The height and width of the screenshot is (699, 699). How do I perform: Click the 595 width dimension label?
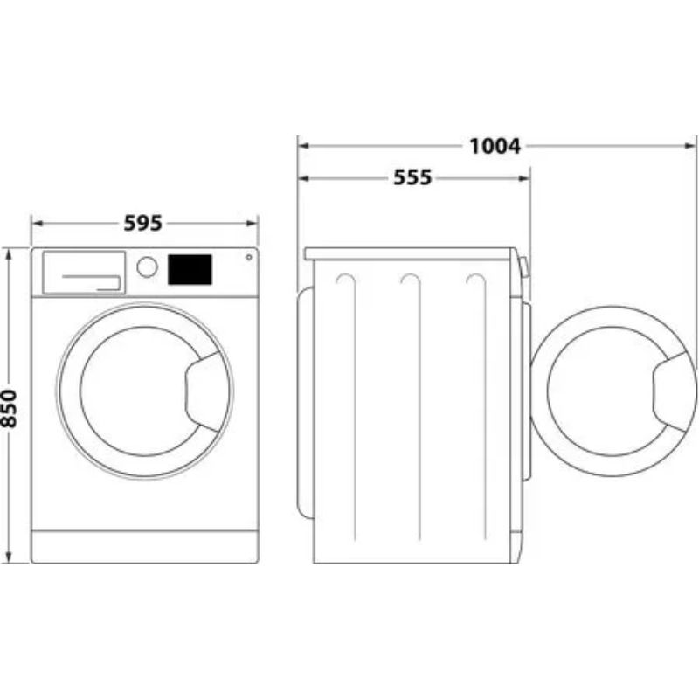(142, 223)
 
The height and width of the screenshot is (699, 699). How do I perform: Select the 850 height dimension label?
(9, 408)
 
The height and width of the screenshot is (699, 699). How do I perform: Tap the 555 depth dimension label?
(412, 177)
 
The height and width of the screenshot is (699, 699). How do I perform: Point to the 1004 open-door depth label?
(495, 146)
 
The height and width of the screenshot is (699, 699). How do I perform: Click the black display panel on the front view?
(190, 270)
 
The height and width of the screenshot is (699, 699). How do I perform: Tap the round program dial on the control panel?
(147, 267)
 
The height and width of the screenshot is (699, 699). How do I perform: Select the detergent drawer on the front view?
(84, 273)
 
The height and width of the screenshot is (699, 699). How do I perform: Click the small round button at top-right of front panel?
(249, 257)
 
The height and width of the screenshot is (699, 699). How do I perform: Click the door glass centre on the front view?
(138, 391)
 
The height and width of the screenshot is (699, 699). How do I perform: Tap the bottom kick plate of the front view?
(145, 547)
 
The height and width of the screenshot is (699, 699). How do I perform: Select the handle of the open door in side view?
(674, 391)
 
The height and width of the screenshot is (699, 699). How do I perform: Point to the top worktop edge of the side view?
(410, 253)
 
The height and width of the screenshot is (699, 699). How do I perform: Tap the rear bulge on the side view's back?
(305, 403)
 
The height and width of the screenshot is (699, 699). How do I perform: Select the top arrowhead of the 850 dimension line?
(9, 254)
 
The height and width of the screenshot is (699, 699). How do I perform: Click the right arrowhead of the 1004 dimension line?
(690, 146)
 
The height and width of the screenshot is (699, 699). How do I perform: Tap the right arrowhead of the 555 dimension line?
(524, 179)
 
